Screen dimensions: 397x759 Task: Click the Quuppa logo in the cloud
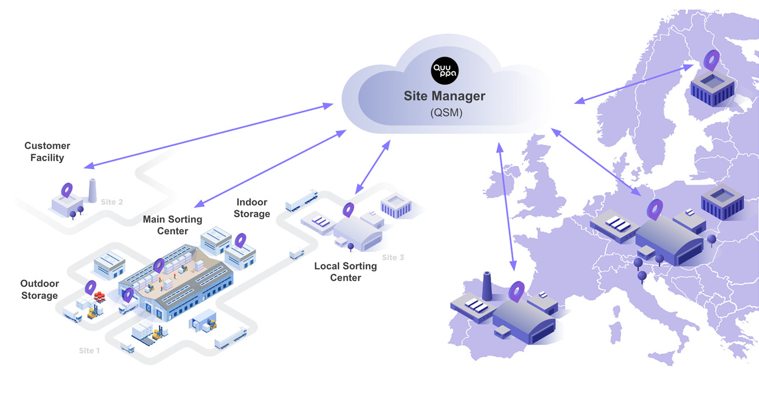coord(444,71)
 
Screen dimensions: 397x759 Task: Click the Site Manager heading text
coord(444,96)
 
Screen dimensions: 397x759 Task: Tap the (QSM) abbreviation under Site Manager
coord(446,113)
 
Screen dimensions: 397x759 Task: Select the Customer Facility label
coord(47,152)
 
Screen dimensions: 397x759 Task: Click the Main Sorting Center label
coord(172,225)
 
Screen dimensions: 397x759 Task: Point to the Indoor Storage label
coord(252,208)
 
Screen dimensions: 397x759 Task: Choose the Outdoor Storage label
coord(40,290)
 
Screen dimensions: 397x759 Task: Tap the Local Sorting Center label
coord(346,271)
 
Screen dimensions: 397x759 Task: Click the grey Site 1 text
coord(89,351)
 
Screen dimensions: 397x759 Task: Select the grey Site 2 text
coord(112,202)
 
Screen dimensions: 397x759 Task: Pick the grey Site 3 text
coord(393,257)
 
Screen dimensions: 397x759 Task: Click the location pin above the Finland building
coord(711,60)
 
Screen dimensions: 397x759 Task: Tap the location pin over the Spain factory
coord(516,290)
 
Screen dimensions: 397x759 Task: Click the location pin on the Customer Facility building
coord(67,190)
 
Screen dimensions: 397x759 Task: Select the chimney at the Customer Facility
coord(92,190)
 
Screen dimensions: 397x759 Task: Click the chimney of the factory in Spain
coord(488,285)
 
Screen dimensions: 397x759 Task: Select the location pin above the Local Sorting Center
coord(349,210)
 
